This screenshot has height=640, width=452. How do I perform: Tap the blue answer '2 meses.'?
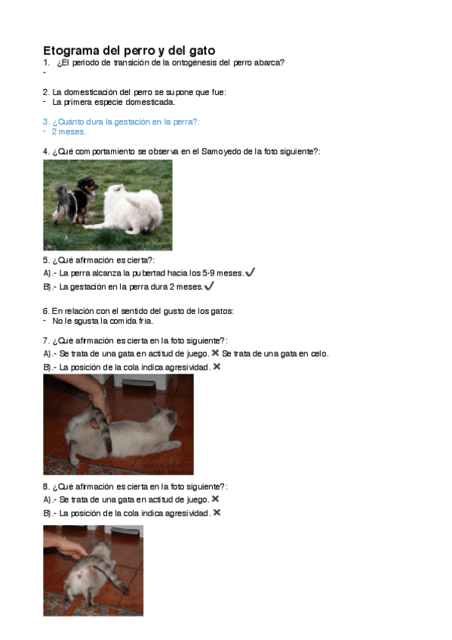click(69, 132)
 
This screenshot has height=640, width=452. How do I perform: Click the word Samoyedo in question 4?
click(221, 152)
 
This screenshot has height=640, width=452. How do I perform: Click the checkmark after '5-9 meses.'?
click(251, 272)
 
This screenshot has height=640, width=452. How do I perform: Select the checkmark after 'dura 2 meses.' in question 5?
click(209, 286)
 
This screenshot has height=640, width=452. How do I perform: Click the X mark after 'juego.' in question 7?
click(215, 352)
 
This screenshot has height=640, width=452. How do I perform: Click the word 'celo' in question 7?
click(318, 354)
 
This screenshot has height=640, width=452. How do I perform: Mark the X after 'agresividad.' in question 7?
click(217, 367)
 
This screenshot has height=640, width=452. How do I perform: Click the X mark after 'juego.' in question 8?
click(215, 499)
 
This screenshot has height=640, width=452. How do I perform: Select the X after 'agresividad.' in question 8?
click(217, 512)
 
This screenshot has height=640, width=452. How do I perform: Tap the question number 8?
click(46, 487)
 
